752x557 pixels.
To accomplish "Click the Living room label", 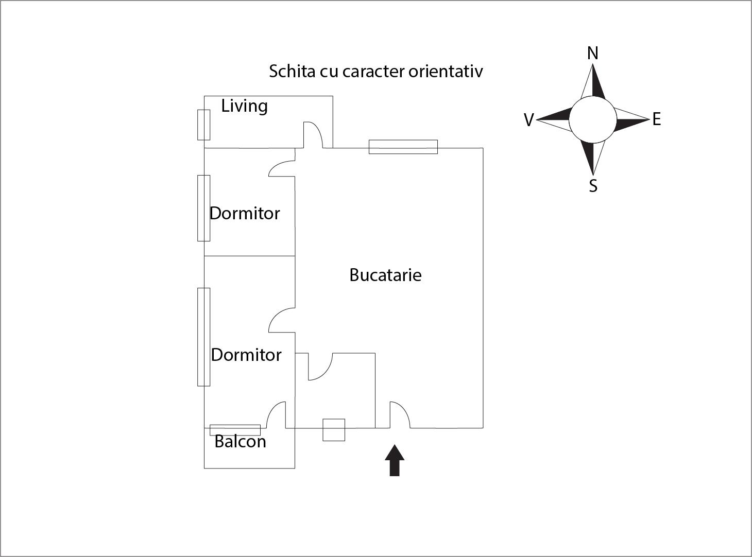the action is pyautogui.click(x=245, y=106).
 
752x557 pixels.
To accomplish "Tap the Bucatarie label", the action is pyautogui.click(x=385, y=275).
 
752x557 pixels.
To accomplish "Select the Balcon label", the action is pyautogui.click(x=241, y=441).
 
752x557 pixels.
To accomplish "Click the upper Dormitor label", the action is pyautogui.click(x=245, y=213).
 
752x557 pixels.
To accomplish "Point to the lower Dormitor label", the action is pyautogui.click(x=246, y=355).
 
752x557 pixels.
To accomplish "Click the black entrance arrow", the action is pyautogui.click(x=395, y=460).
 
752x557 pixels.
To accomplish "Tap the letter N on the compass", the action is pyautogui.click(x=593, y=53).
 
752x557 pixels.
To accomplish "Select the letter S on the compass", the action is pyautogui.click(x=593, y=186).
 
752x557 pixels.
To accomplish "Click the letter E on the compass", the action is pyautogui.click(x=657, y=119).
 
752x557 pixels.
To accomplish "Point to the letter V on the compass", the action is pyautogui.click(x=529, y=120).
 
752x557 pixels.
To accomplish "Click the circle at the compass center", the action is pyautogui.click(x=593, y=119).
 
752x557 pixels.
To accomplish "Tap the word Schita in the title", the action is pyautogui.click(x=292, y=71).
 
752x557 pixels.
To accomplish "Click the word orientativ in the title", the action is pyautogui.click(x=446, y=71).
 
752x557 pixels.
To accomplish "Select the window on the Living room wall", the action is pyautogui.click(x=204, y=125).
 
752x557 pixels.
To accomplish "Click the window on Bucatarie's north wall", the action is pyautogui.click(x=403, y=147).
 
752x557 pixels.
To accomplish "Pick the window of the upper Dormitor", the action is pyautogui.click(x=204, y=208).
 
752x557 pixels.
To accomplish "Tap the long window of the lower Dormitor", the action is pyautogui.click(x=204, y=337).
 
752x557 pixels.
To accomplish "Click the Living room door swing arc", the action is pyautogui.click(x=313, y=134).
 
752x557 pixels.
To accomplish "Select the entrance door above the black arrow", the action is pyautogui.click(x=400, y=415).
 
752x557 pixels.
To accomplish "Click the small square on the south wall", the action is pyautogui.click(x=334, y=430).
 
